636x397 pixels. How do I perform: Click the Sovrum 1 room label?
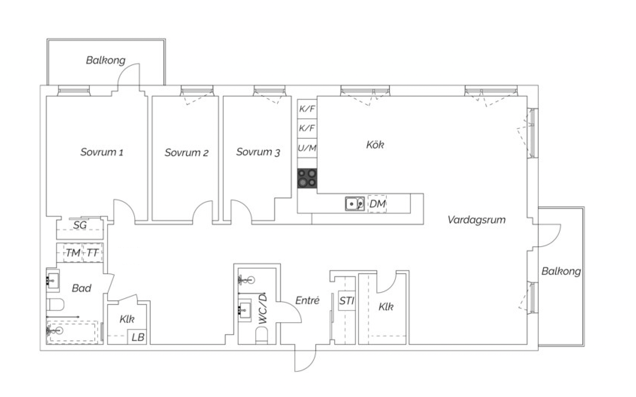(102, 152)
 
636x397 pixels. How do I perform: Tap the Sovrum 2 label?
(186, 153)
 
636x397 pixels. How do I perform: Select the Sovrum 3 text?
(258, 152)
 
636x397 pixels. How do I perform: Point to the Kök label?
(375, 145)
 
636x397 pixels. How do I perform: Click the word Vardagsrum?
(477, 220)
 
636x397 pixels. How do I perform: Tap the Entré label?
(307, 300)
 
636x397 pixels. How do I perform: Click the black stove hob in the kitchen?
(307, 178)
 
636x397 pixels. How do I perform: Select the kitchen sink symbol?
(355, 204)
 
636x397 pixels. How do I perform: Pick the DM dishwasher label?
(378, 204)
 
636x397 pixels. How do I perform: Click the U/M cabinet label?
(307, 148)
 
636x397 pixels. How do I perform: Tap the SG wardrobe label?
(80, 226)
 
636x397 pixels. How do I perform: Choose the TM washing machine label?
(73, 253)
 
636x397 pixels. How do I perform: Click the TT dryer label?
(92, 253)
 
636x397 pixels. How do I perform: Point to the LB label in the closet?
(138, 337)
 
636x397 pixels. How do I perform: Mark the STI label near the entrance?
(347, 300)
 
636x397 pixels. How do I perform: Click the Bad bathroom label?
(82, 288)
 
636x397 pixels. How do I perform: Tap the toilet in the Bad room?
(55, 305)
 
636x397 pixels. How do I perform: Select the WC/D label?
(263, 309)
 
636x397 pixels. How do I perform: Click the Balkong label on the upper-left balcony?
(106, 60)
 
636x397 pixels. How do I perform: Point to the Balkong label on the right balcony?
(561, 271)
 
